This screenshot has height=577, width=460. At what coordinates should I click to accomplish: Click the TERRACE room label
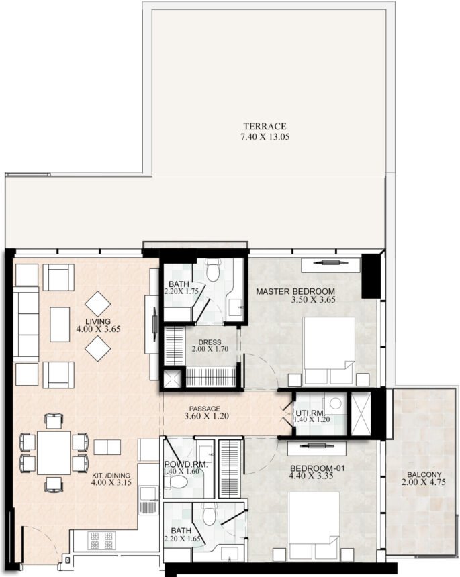(265, 126)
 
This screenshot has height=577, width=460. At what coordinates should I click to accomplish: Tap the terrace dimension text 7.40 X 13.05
(265, 136)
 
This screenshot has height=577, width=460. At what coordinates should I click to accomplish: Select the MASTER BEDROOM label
(295, 291)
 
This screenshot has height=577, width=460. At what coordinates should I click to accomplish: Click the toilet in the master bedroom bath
(213, 270)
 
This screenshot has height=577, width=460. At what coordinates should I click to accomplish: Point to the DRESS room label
(210, 342)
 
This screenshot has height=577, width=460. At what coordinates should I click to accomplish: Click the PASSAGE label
(205, 409)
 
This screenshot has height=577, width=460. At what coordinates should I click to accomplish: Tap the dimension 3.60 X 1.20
(207, 416)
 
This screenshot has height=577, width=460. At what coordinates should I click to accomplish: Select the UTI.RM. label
(310, 413)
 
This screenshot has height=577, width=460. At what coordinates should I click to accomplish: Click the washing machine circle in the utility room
(336, 403)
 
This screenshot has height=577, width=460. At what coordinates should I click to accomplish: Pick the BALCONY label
(424, 475)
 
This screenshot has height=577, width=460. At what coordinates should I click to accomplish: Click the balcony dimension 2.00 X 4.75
(424, 482)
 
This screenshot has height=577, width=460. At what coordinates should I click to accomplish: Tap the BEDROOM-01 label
(318, 468)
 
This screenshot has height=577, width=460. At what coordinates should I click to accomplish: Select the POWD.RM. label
(186, 465)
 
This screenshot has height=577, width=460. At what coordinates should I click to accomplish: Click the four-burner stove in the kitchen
(101, 540)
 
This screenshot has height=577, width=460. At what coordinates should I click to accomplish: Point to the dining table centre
(54, 453)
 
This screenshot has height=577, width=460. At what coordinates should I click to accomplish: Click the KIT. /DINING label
(111, 476)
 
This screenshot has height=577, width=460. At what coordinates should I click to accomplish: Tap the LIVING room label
(98, 321)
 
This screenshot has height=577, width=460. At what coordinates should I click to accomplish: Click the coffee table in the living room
(60, 324)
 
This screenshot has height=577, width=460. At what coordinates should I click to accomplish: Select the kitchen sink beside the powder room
(148, 492)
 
